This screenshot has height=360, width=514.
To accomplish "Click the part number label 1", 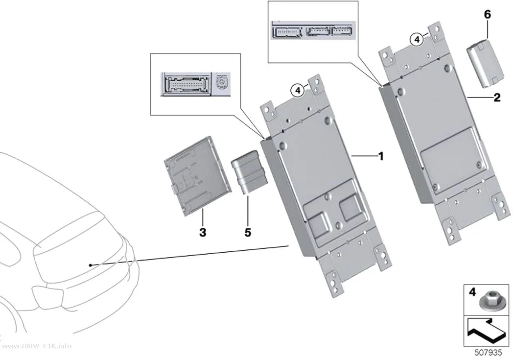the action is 380,156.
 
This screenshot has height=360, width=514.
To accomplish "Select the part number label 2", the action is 497,97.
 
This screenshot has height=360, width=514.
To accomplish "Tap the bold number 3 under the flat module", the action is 203,232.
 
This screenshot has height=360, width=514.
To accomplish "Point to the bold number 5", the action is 248,232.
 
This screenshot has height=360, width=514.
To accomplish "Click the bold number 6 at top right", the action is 488,14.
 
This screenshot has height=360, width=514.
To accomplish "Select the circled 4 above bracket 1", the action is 298,90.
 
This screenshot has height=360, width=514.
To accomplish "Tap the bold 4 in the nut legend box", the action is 472,291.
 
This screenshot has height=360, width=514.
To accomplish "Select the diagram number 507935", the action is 488,353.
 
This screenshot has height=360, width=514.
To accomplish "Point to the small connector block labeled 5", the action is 249,172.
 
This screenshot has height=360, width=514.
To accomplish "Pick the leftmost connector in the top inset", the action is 287,32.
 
